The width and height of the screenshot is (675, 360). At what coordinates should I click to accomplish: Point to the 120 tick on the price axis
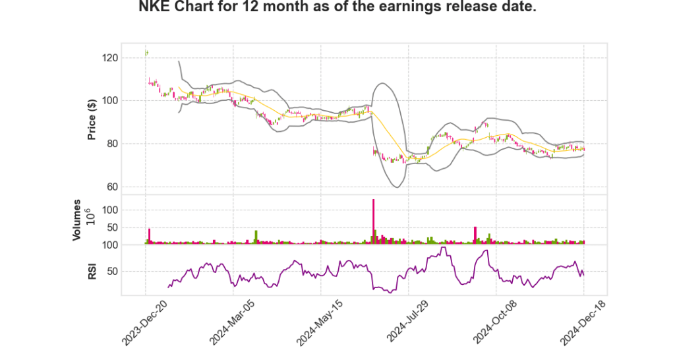point(128,58)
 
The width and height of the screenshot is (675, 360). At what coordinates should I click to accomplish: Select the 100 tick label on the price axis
point(128,101)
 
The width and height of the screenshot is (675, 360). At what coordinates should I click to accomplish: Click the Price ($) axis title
point(92,119)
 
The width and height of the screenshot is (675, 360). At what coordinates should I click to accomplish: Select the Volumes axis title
point(77,220)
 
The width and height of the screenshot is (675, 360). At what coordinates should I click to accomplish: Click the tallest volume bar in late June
point(373,222)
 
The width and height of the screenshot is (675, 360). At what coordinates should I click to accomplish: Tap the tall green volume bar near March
point(256,237)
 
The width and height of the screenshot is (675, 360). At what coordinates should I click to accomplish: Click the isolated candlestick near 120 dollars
point(146,53)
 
